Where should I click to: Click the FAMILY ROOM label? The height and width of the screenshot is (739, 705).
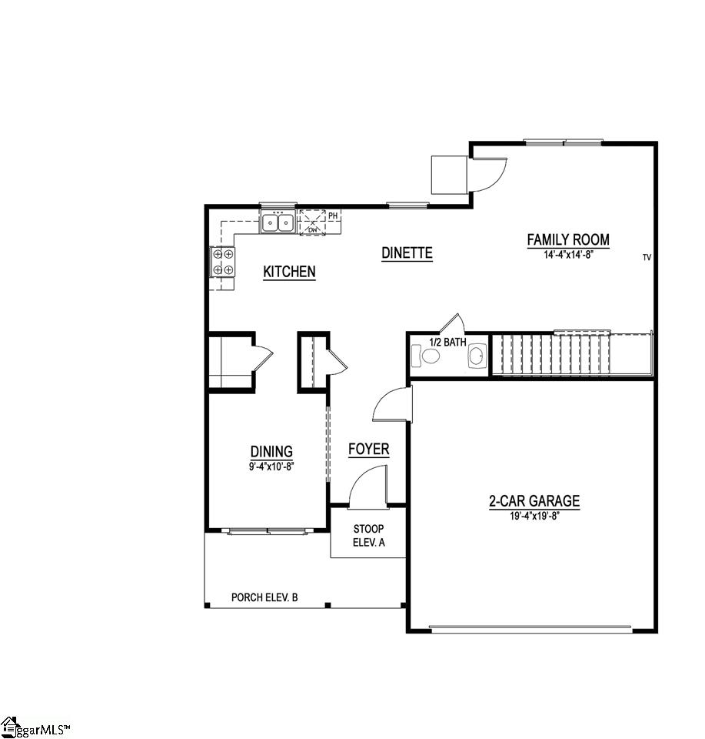pos(568,239)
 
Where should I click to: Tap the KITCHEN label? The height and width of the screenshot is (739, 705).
pos(289,272)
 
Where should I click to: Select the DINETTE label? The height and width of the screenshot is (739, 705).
pos(407,253)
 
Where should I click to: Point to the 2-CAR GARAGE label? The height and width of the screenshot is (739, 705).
pos(534,501)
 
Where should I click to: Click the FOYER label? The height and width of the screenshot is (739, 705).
pos(368,450)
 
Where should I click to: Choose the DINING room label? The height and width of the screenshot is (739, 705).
pos(271,452)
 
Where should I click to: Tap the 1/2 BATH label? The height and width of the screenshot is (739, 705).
pos(447,342)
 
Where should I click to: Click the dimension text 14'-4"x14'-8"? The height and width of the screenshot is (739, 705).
pos(568,254)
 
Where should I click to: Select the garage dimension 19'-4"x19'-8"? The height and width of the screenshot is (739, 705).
pos(534,516)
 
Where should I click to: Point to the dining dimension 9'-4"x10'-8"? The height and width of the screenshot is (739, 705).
pos(271,466)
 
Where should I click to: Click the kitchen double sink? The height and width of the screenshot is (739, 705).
pos(278,222)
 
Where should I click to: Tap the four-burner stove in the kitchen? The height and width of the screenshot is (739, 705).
pos(223,262)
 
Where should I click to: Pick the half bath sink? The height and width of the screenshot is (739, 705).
pos(477,356)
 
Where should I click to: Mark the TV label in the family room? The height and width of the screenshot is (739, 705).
pos(647,257)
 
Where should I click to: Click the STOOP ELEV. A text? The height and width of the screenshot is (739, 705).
pos(368,536)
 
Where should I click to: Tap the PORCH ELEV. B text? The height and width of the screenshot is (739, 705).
pos(264,597)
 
